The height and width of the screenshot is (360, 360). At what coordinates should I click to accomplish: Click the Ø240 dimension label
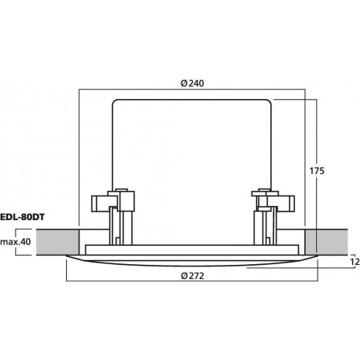(193, 83)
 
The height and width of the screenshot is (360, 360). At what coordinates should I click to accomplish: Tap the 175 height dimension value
(317, 171)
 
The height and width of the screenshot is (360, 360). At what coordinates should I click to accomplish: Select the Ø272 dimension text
(193, 276)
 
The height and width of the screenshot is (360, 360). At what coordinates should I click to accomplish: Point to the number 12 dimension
(354, 262)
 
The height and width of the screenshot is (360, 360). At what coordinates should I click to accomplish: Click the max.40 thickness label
(16, 241)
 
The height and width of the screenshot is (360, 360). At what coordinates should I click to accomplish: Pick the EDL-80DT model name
(22, 217)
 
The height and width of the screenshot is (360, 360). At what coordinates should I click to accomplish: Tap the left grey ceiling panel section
(57, 242)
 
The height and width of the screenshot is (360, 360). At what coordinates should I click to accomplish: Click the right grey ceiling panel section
(326, 242)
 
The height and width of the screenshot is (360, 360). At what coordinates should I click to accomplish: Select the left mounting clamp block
(112, 201)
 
